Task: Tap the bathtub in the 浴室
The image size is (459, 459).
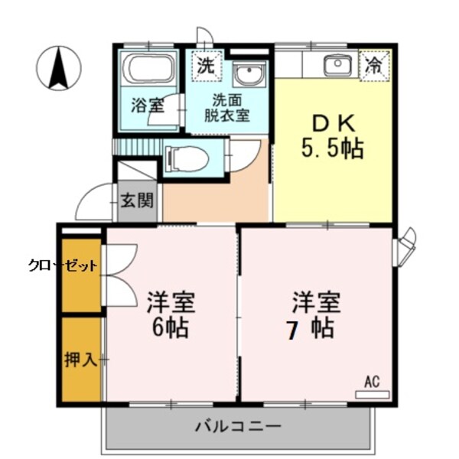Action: pyautogui.click(x=151, y=68)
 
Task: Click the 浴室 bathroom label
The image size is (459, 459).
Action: pyautogui.click(x=147, y=106)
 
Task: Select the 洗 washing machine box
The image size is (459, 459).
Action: pyautogui.click(x=206, y=64)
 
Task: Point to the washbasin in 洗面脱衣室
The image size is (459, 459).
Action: pyautogui.click(x=248, y=75)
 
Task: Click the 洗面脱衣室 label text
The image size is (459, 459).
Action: pyautogui.click(x=226, y=108)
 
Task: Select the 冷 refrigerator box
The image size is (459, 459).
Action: pyautogui.click(x=374, y=66)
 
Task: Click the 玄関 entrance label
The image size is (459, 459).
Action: pyautogui.click(x=138, y=201)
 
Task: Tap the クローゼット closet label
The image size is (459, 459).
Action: pyautogui.click(x=63, y=266)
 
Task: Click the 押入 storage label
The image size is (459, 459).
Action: pyautogui.click(x=80, y=360)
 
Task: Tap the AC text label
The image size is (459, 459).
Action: pyautogui.click(x=372, y=382)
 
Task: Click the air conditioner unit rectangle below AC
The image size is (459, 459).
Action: pyautogui.click(x=372, y=395)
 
